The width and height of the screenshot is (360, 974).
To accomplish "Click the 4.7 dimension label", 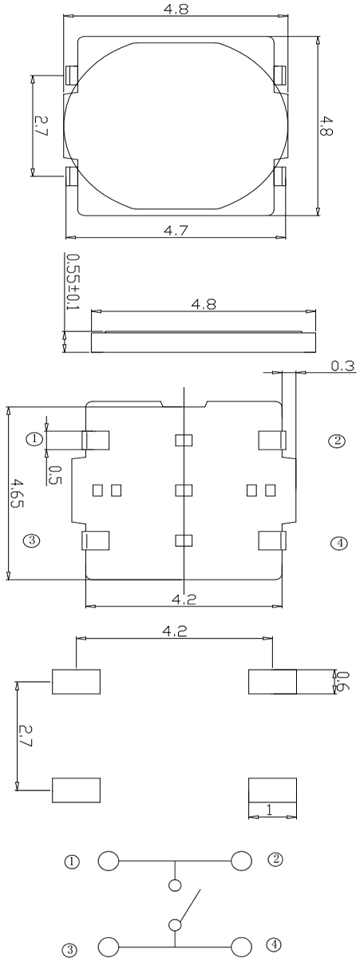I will coord(175,230).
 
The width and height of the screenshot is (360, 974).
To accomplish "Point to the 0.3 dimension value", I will coord(342,366).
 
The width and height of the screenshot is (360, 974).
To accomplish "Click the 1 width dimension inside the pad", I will coord(269,809).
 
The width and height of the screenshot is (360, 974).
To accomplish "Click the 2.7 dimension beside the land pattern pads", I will coord(25,734).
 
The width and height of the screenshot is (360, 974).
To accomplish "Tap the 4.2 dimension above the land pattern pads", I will coord(175,631).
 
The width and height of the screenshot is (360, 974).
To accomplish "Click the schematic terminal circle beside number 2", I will coord(241,861).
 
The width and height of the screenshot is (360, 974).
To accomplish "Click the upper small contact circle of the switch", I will coord(176,885).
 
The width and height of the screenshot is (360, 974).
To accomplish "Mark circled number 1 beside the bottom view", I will coord(33,438).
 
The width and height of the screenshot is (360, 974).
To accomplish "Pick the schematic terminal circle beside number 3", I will coord(109,948).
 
